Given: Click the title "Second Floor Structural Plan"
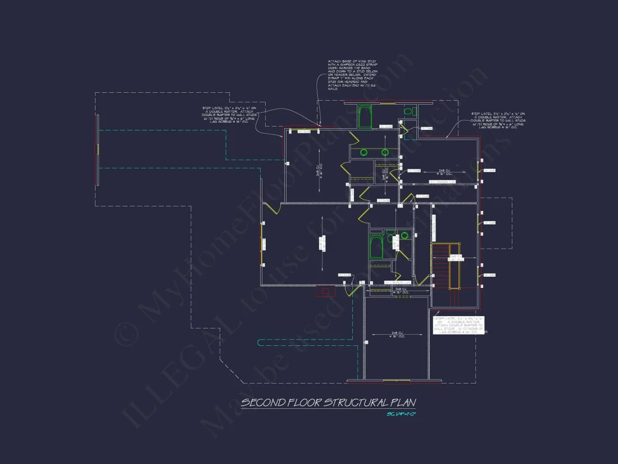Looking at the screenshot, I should [x=328, y=403].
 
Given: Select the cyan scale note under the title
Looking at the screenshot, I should [x=401, y=415].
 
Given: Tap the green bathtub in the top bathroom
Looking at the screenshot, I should [x=366, y=116].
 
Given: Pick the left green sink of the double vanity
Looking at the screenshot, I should [x=363, y=152].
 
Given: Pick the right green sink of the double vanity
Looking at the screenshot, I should [x=385, y=152].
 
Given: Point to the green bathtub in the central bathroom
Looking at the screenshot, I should [x=376, y=246].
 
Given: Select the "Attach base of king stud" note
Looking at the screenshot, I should [x=351, y=74].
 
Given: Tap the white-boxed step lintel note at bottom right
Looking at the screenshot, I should [x=459, y=325].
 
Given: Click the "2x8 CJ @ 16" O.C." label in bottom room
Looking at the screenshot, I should [x=398, y=336].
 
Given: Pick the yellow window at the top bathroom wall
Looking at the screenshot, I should [x=387, y=102].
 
